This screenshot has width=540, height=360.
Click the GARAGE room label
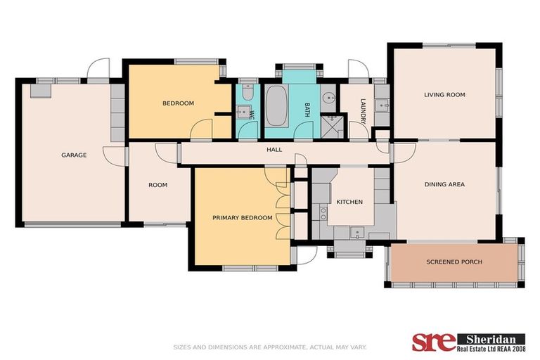pyautogui.click(x=74, y=155)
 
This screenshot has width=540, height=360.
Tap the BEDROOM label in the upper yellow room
pyautogui.click(x=178, y=103)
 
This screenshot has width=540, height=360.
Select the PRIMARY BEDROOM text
pyautogui.click(x=242, y=218)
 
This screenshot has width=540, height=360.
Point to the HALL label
pyautogui.click(x=274, y=150)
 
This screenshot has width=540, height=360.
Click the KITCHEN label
pyautogui.click(x=349, y=202)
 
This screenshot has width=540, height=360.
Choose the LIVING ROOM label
pyautogui.click(x=444, y=94)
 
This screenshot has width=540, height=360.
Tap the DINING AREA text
pyautogui.click(x=444, y=184)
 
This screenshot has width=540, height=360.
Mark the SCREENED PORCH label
pyautogui.click(x=454, y=262)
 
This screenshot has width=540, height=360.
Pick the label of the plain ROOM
pyautogui.click(x=157, y=185)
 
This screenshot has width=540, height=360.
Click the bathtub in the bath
pyautogui.click(x=277, y=108)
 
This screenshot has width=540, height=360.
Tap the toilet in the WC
pyautogui.click(x=247, y=94)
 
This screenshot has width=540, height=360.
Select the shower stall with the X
pyautogui.click(x=330, y=126)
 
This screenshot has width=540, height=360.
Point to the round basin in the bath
pyautogui.click(x=329, y=98)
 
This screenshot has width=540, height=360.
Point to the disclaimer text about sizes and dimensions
pyautogui.click(x=270, y=347)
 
